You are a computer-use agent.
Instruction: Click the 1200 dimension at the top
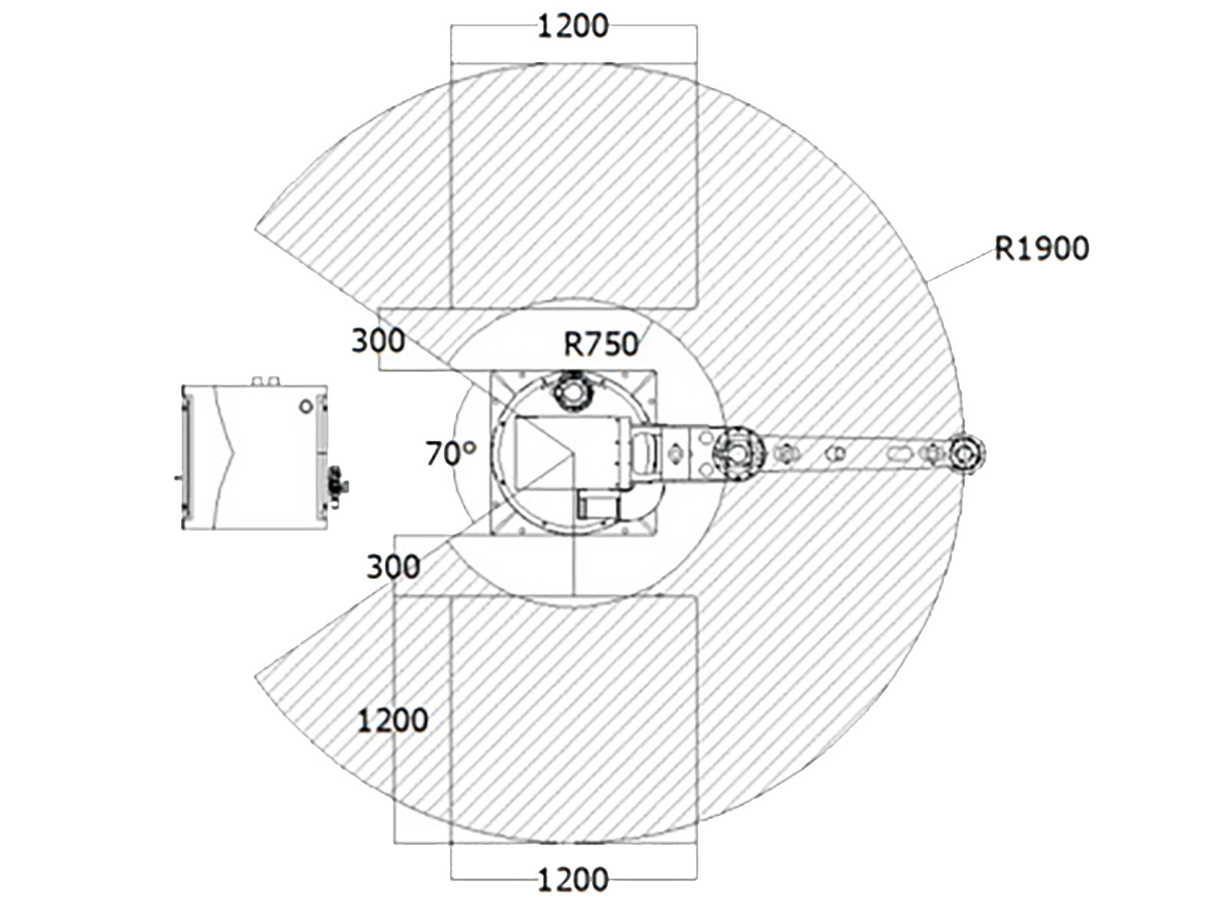572,26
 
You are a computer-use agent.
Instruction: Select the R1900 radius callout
1041,248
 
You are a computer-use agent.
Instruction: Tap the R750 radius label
601,344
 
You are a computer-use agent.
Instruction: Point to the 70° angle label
451,453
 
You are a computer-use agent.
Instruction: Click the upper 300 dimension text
378,340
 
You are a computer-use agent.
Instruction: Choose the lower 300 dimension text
393,567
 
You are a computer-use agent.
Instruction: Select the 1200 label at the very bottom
572,880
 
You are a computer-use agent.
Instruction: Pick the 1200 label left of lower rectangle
393,720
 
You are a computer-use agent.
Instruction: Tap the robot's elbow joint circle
739,452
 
